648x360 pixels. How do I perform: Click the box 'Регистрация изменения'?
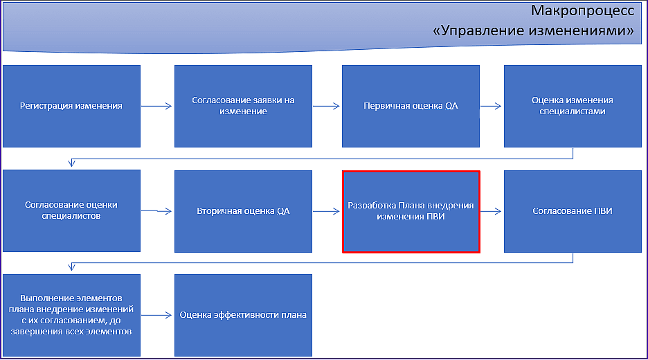point(71,106)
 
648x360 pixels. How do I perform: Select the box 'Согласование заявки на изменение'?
point(243,106)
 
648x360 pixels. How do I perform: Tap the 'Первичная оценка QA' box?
point(411,106)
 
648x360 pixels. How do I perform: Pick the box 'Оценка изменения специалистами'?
point(573,106)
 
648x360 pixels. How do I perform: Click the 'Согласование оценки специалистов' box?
point(71,210)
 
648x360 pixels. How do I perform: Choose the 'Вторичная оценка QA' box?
point(243,211)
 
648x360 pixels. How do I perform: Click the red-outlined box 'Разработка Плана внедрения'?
point(411,212)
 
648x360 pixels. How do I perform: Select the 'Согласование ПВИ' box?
point(573,211)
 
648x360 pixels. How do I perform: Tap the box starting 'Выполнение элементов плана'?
point(71,316)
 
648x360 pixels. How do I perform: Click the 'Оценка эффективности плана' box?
point(243,316)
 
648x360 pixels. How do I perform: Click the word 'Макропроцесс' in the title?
point(582,11)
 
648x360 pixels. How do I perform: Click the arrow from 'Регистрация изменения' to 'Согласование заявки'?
point(156,106)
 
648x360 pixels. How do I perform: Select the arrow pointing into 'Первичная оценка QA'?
point(326,106)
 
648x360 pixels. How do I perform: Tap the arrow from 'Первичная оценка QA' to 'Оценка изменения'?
point(491,106)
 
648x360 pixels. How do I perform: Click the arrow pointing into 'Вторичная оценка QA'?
point(156,211)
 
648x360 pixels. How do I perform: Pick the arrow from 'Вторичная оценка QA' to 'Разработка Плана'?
point(326,211)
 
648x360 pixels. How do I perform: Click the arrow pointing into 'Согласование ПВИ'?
point(492,211)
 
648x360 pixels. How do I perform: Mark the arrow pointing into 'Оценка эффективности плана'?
point(156,316)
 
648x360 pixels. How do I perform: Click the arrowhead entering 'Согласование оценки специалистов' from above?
point(71,163)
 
